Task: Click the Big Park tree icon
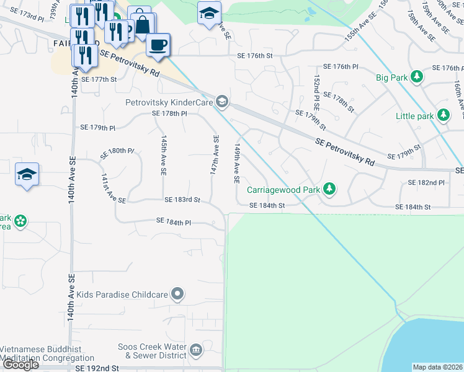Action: [x=417, y=77]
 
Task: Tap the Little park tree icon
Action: [x=443, y=115]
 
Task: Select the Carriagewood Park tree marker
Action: [x=331, y=188]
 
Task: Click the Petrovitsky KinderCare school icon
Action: [x=221, y=101]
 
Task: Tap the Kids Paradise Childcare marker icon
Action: [x=178, y=294]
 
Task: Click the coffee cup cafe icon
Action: [x=158, y=45]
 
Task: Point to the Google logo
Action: [x=20, y=365]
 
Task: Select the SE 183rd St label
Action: [x=182, y=200]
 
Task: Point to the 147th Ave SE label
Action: [x=214, y=154]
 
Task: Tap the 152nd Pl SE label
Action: [x=317, y=91]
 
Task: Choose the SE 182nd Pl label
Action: [x=426, y=183]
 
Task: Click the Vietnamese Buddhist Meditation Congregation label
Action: [x=41, y=354]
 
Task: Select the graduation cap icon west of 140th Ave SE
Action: [x=27, y=175]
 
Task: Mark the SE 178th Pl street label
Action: [x=169, y=113]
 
